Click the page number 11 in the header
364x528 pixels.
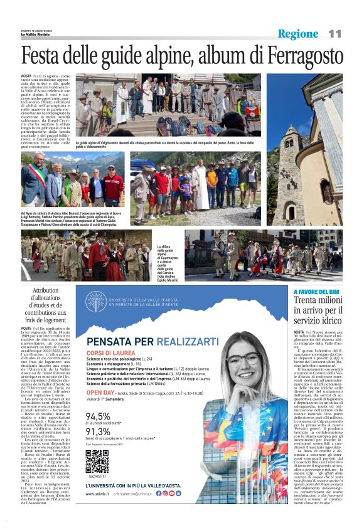coord(335,33)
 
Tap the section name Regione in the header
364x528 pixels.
coord(298,33)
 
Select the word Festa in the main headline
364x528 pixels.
coord(48,56)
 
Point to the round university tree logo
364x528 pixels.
coord(95,302)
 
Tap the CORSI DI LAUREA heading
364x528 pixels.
coord(107,355)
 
